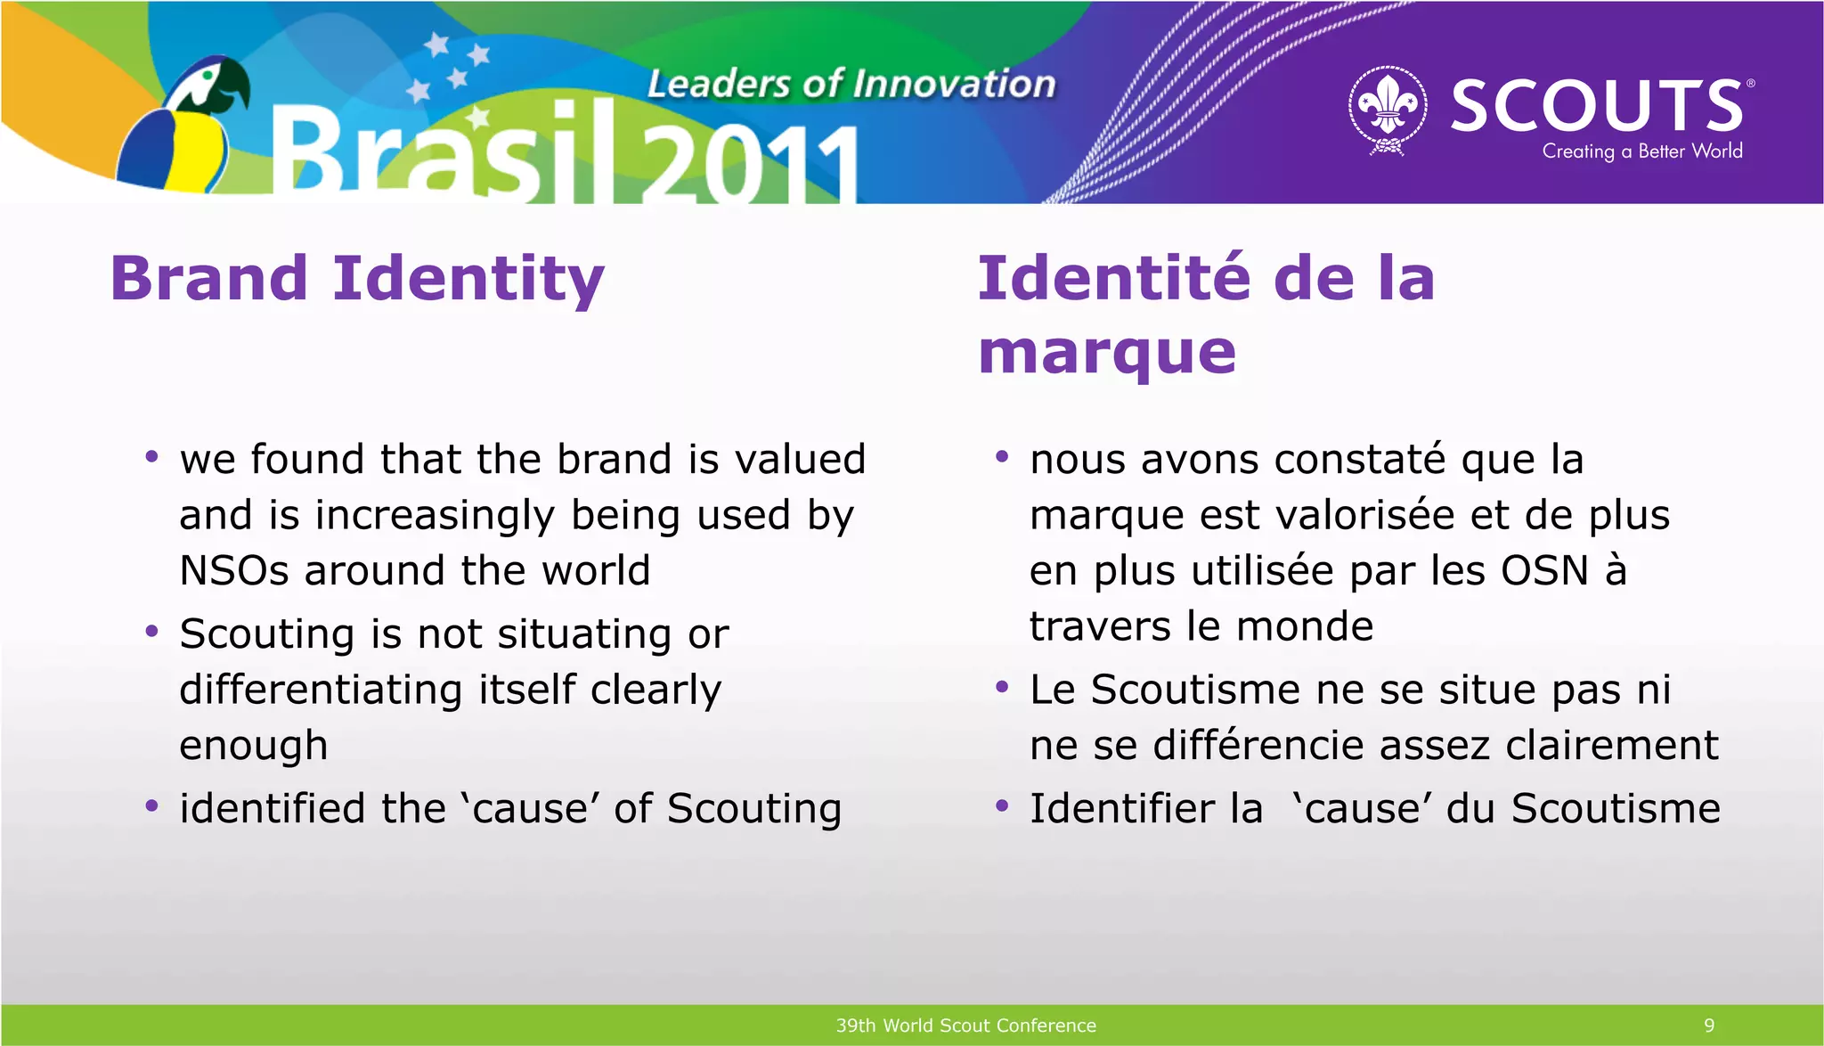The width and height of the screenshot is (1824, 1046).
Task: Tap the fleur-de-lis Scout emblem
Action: click(x=1388, y=110)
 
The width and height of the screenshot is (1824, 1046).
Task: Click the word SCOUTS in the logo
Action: click(x=1597, y=105)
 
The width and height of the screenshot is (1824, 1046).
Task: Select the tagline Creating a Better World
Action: click(x=1641, y=151)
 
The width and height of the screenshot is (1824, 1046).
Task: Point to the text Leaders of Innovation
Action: click(x=851, y=84)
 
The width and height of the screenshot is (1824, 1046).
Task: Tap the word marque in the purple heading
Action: click(x=1107, y=352)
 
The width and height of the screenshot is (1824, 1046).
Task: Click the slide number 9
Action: click(x=1708, y=1026)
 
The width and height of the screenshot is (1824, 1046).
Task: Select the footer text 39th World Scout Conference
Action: click(x=965, y=1026)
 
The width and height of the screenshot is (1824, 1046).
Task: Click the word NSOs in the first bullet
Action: click(x=233, y=570)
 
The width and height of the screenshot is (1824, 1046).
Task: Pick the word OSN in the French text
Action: click(x=1544, y=570)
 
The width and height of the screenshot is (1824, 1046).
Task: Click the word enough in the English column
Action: click(x=253, y=746)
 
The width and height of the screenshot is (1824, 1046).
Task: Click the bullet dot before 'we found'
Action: click(x=151, y=458)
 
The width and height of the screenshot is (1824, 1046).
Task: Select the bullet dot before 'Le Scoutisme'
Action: click(x=1002, y=688)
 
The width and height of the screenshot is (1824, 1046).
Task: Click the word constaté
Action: click(x=1360, y=460)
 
